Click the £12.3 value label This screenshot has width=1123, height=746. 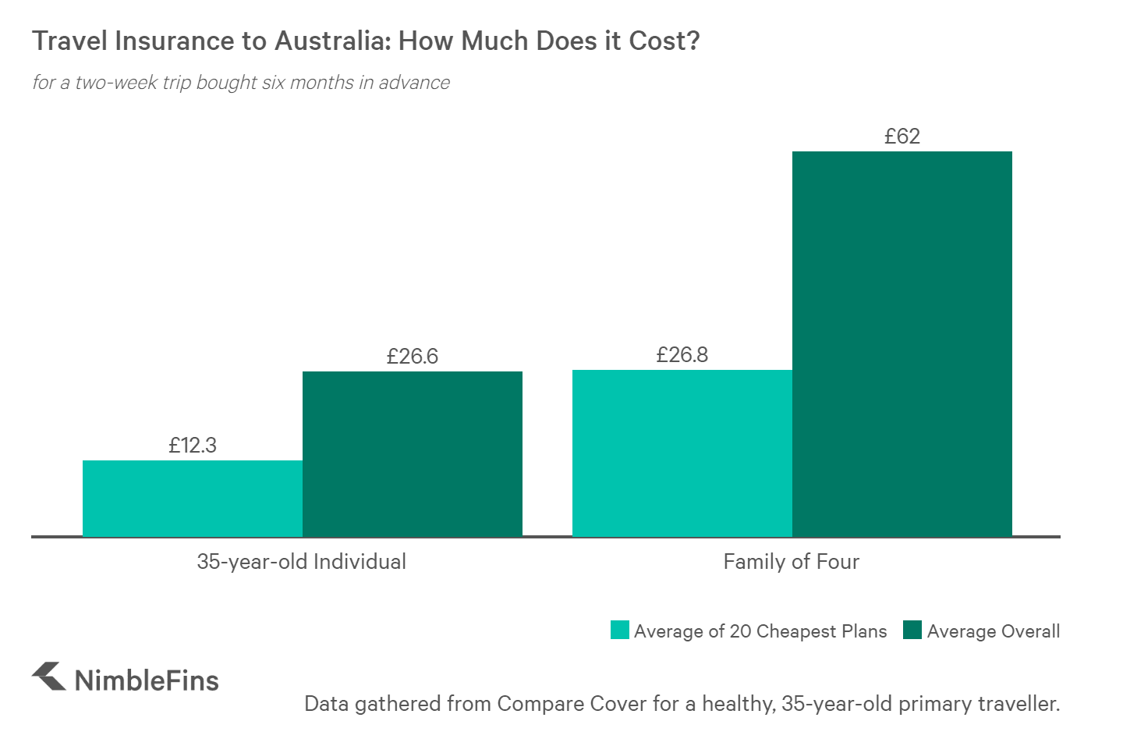pyautogui.click(x=193, y=446)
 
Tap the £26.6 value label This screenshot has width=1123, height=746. pyautogui.click(x=412, y=357)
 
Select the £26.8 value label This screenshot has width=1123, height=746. pyautogui.click(x=682, y=355)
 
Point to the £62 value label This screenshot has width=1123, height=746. pyautogui.click(x=902, y=137)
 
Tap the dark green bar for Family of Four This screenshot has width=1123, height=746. pyautogui.click(x=902, y=343)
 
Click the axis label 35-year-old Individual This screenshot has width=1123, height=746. pyautogui.click(x=301, y=562)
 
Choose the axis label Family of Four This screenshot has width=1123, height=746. pyautogui.click(x=791, y=562)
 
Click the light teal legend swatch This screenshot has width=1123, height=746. pyautogui.click(x=619, y=631)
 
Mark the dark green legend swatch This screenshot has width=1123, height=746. pyautogui.click(x=912, y=631)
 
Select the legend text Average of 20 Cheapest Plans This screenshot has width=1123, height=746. pyautogui.click(x=760, y=631)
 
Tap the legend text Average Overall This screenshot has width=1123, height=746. pyautogui.click(x=993, y=631)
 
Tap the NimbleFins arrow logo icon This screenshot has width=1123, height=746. pyautogui.click(x=49, y=677)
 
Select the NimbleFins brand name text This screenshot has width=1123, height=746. pyautogui.click(x=147, y=680)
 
